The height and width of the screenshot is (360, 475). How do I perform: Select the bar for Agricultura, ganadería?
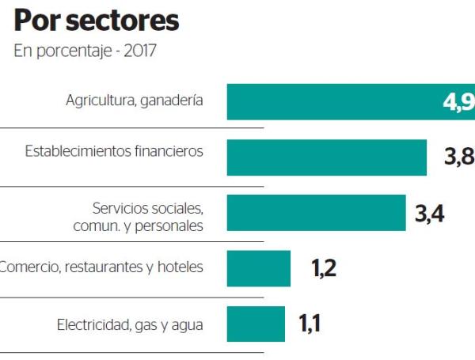coord(332,101)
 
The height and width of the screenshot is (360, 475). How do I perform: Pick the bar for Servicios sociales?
coord(316,213)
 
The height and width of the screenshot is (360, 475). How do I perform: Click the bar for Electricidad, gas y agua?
coord(256,324)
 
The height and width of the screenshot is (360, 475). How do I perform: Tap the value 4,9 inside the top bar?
coord(458,102)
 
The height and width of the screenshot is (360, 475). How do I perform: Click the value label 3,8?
coord(458,157)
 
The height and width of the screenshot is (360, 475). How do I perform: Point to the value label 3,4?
coord(430,213)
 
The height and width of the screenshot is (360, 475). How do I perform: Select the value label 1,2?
coord(324,268)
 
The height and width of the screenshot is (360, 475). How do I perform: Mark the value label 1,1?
coord(313,324)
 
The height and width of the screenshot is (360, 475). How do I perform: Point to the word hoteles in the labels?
coord(180,267)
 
